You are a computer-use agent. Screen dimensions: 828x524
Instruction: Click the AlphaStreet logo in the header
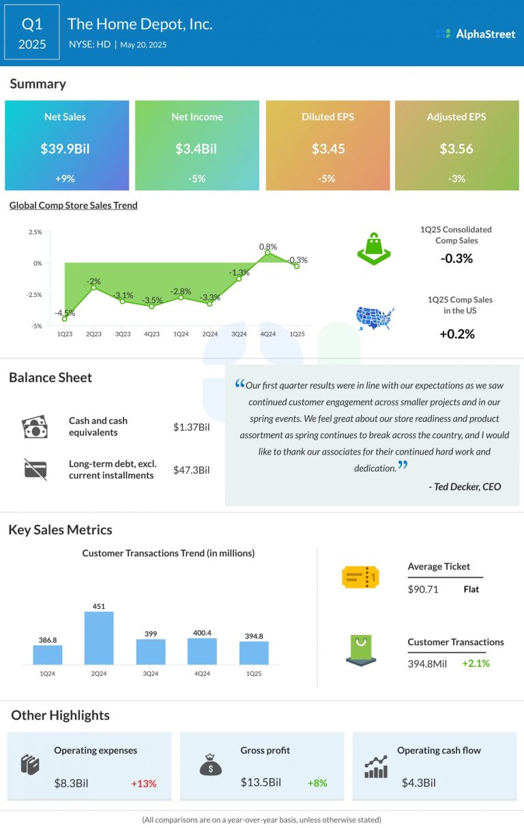click(476, 33)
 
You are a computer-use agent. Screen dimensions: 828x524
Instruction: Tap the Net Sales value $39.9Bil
click(65, 149)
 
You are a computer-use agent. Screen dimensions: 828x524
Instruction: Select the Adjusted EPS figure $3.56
click(456, 149)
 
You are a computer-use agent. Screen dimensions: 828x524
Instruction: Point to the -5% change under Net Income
click(196, 179)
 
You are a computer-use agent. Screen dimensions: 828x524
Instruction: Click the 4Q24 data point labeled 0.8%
click(268, 253)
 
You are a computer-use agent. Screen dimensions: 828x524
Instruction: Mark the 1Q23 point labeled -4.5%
click(64, 319)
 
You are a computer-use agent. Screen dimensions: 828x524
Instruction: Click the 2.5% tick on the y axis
click(35, 232)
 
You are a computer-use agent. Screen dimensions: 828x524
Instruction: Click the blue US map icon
click(375, 317)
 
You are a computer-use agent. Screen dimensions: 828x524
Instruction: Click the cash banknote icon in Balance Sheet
click(35, 427)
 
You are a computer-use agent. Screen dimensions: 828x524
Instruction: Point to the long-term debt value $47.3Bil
click(192, 470)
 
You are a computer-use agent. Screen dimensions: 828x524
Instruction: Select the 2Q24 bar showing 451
click(99, 638)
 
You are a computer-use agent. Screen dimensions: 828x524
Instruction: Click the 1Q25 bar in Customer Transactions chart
click(254, 653)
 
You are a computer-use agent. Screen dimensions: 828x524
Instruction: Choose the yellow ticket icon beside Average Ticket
click(360, 577)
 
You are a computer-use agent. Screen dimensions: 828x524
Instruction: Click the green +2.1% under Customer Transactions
click(476, 663)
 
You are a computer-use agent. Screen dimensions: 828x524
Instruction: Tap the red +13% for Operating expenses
click(143, 783)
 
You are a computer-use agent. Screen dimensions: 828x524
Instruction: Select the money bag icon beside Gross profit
click(210, 765)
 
